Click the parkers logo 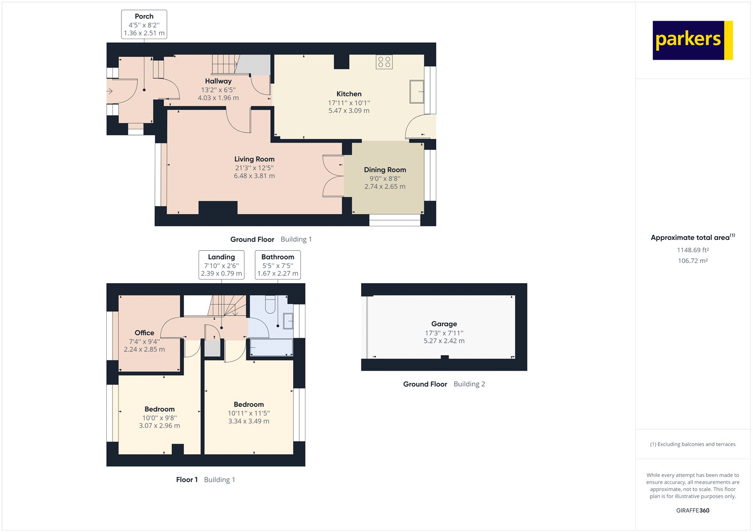[x=692, y=40]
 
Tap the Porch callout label [x=144, y=24]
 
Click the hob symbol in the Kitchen [x=384, y=62]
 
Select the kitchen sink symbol [x=417, y=92]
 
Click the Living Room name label [x=254, y=159]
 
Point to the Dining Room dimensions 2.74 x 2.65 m [x=385, y=187]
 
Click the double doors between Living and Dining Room [x=333, y=175]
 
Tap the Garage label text [x=444, y=324]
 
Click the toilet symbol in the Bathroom [x=270, y=304]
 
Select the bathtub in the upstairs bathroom [x=271, y=348]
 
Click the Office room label [x=144, y=333]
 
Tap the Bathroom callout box [x=278, y=265]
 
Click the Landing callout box [x=221, y=265]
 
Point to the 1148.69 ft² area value [x=693, y=250]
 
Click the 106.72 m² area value [x=693, y=261]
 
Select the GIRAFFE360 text [x=693, y=510]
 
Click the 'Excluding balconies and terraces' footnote [x=693, y=444]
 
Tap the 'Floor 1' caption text [x=187, y=480]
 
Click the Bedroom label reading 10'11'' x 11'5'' [x=248, y=413]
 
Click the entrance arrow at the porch [x=110, y=91]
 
